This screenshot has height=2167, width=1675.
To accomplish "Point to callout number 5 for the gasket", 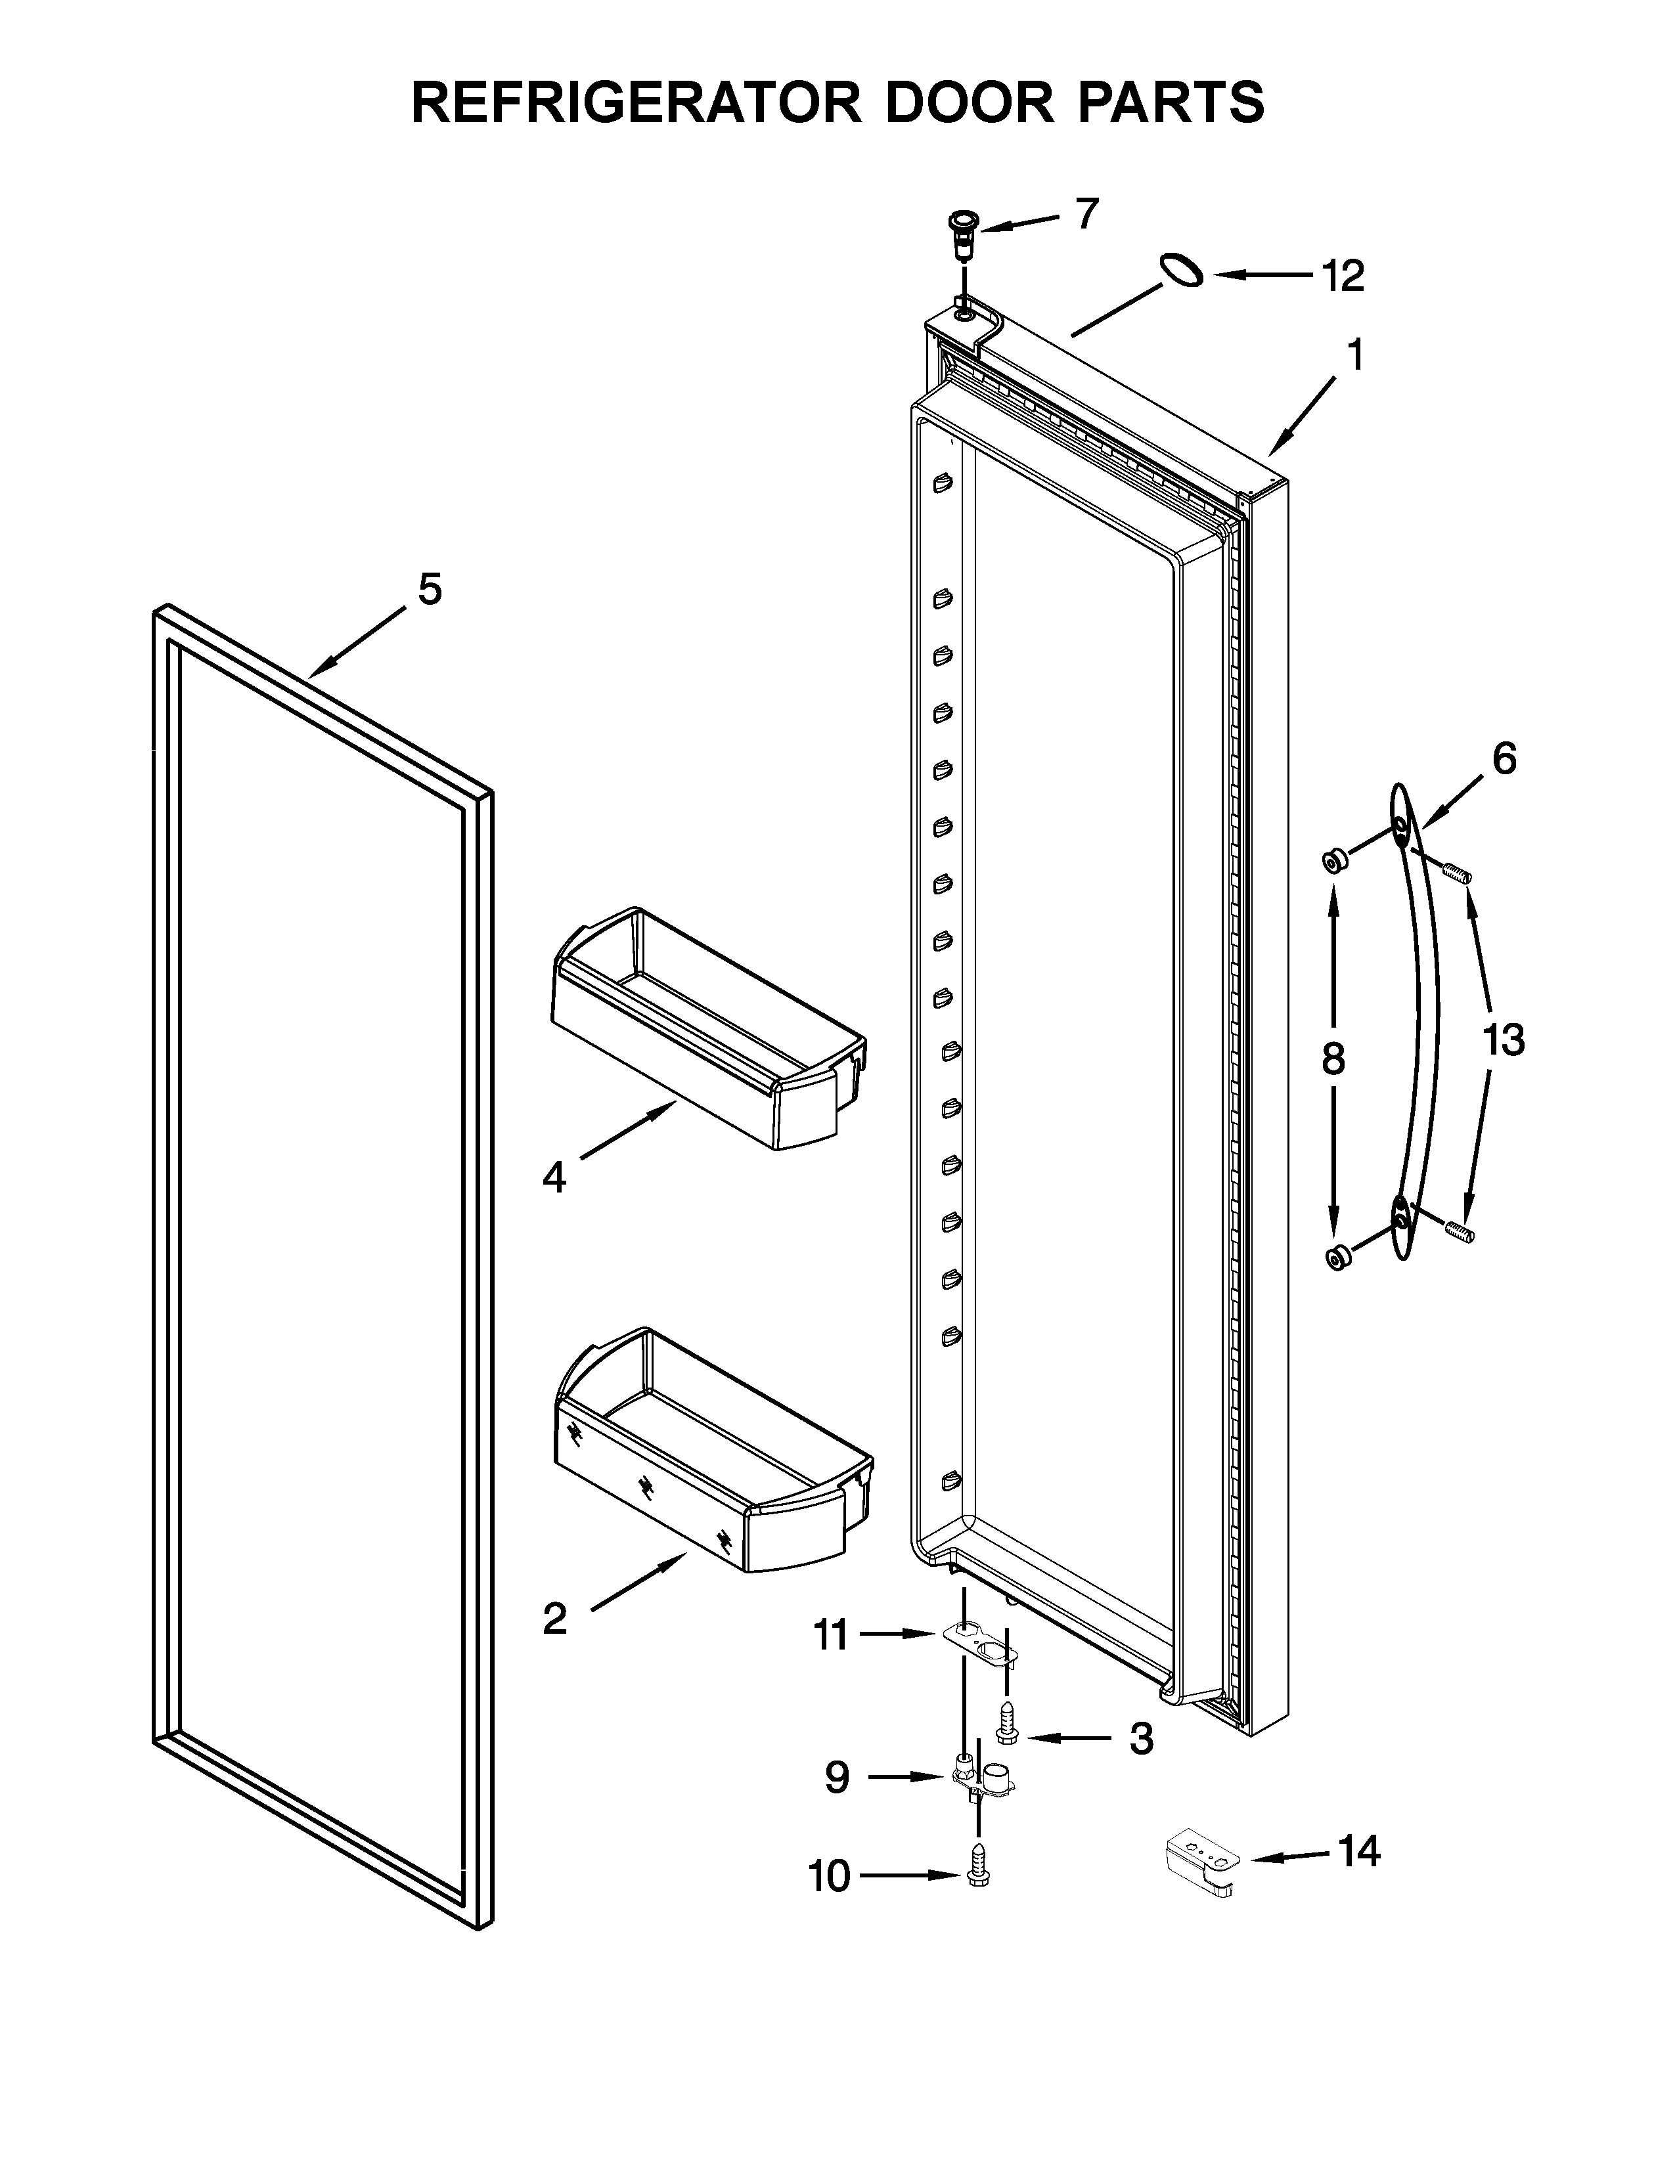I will click(x=429, y=590).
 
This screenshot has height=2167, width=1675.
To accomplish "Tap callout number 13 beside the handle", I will click(x=1502, y=1041).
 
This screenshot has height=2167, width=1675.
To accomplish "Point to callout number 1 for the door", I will click(x=1354, y=355).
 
